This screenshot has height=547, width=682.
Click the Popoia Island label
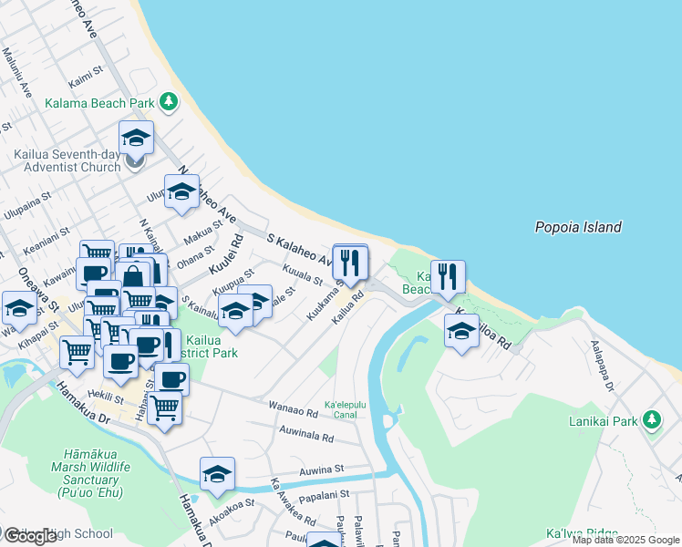point(577,228)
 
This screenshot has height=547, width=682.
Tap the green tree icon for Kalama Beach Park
point(169,102)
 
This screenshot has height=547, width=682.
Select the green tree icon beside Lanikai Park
point(651,419)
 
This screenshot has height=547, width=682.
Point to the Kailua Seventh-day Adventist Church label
point(67,160)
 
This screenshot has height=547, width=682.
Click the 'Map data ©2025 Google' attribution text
point(625,540)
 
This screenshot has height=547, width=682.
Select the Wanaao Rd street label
point(293,408)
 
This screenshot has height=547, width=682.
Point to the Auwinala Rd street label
point(306,435)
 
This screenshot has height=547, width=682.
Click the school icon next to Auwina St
point(217,473)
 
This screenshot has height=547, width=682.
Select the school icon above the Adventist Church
point(136,137)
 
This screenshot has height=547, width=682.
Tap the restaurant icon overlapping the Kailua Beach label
point(448,276)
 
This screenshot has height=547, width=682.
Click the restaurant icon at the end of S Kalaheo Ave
point(350,263)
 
